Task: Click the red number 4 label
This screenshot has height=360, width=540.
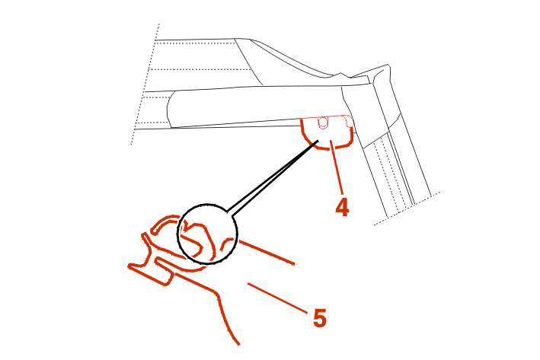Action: point(342,207)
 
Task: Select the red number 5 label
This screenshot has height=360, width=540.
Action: point(320,318)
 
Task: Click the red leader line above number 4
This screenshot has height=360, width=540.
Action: point(337,167)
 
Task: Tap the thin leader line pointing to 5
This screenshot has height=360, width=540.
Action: point(277,298)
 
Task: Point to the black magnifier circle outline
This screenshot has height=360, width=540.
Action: point(207,234)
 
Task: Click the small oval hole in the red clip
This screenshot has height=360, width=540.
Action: point(323,123)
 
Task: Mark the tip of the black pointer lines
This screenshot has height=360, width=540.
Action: point(318,140)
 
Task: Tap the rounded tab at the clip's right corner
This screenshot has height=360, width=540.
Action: point(349,121)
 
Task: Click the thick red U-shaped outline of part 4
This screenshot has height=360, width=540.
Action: point(327,134)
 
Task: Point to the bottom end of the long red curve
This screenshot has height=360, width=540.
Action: point(238,344)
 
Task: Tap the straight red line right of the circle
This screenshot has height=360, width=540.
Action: point(267,253)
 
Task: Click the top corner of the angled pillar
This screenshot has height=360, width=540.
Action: point(388,65)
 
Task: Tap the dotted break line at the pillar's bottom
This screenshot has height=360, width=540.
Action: point(407,209)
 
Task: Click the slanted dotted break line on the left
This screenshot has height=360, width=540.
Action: point(145,84)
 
